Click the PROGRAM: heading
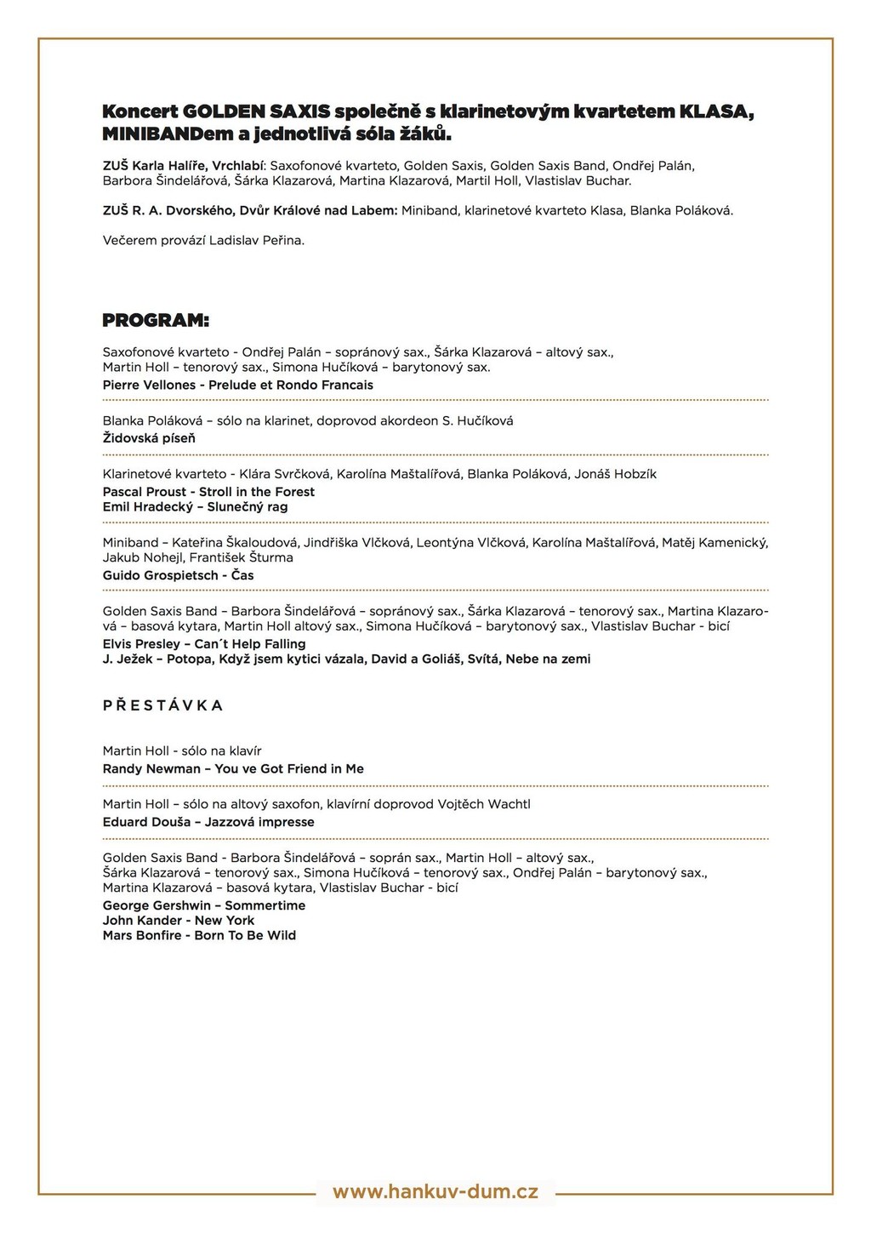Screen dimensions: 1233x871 coord(156,321)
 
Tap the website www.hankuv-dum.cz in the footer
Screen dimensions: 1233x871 coord(435,1191)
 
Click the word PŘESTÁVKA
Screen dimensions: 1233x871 coord(162,705)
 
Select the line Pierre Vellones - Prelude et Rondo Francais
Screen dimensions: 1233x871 coord(238,385)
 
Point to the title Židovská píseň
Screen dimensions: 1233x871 coord(149,438)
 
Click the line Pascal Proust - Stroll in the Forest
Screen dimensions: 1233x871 coord(208,492)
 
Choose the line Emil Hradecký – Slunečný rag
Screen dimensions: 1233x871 coord(195,507)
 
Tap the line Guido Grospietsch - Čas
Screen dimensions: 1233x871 coord(178,576)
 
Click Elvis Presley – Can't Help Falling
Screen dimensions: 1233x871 coord(204,644)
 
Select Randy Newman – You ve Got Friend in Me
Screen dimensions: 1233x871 coord(233,769)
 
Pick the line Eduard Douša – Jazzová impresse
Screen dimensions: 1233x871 coord(208,823)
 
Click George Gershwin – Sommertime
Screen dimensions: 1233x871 coord(204,906)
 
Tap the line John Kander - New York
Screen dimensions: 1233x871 coord(179,921)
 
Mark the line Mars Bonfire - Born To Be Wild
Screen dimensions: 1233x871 coord(199,936)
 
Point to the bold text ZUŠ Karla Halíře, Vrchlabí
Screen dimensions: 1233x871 coord(184,166)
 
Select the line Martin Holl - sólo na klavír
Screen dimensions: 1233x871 coord(182,751)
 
